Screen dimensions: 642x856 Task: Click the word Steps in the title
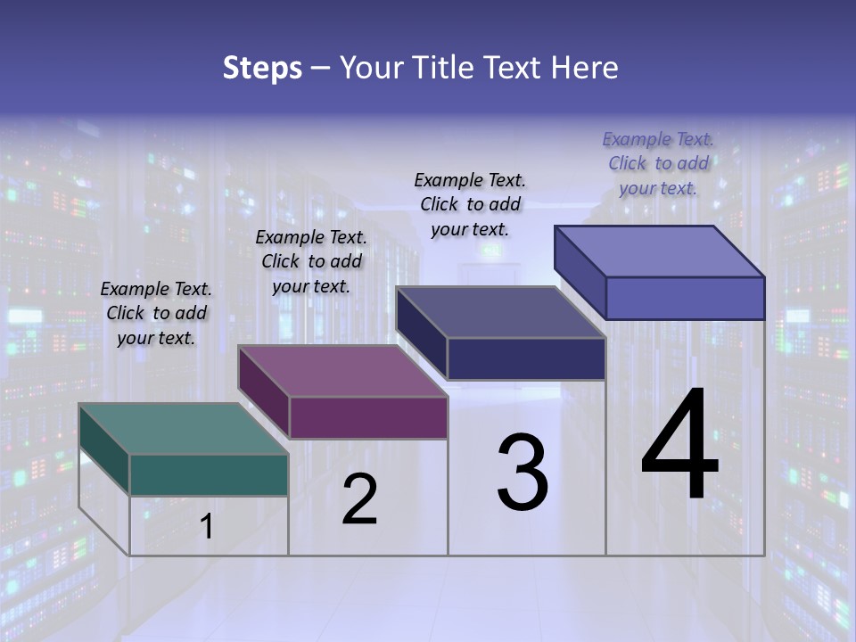(262, 68)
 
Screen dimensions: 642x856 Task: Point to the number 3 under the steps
(523, 473)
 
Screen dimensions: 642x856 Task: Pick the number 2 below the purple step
(359, 500)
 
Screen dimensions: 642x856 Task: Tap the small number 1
(207, 527)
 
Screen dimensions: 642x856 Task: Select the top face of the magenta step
(342, 371)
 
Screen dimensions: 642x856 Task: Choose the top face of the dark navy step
(501, 312)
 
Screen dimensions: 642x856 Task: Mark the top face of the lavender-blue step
(660, 251)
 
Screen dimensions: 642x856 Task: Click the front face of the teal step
(209, 474)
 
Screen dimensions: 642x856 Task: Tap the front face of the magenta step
(368, 417)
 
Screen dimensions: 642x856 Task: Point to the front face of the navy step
(526, 358)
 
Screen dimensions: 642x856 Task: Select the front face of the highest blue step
(685, 298)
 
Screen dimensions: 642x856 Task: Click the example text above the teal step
(156, 314)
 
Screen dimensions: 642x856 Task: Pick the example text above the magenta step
(311, 262)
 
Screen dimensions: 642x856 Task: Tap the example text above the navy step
(470, 204)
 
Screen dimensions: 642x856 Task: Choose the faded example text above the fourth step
(658, 164)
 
